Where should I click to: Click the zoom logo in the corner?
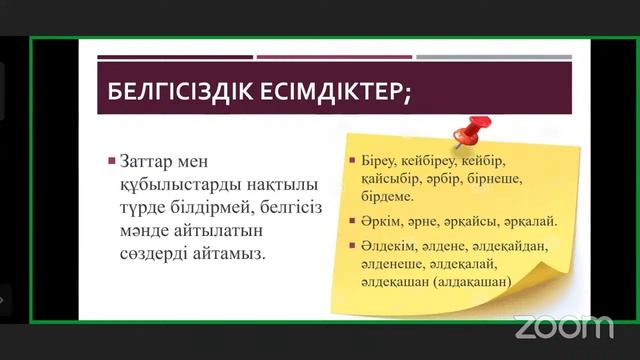[x=563, y=326]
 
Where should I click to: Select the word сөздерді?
[x=159, y=253]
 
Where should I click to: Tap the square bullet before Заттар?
[x=112, y=160]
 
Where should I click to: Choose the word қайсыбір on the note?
[x=377, y=181]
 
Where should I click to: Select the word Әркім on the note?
[x=371, y=222]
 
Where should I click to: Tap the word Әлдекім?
[x=378, y=246]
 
